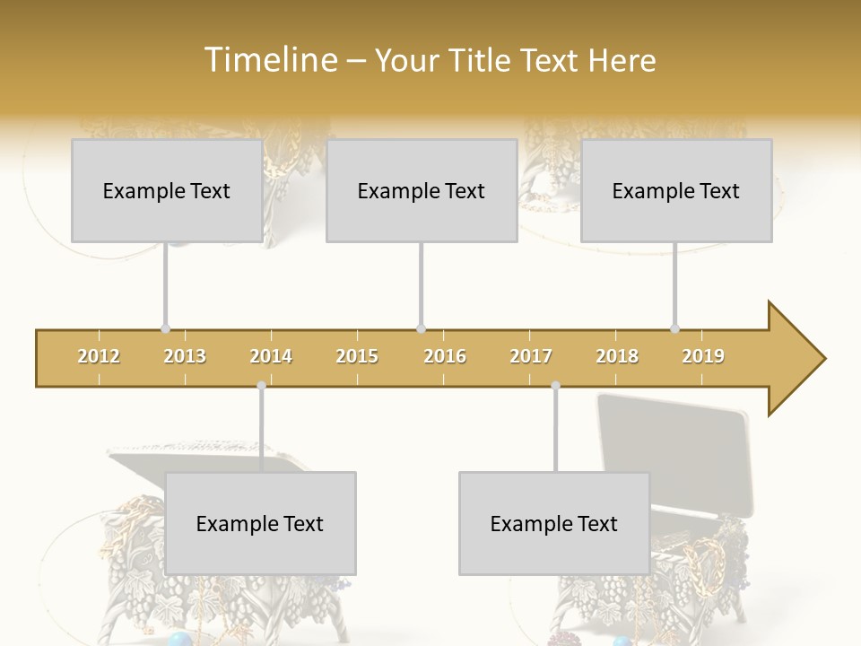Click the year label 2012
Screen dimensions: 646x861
[x=99, y=356]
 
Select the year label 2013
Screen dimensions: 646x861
[x=185, y=356]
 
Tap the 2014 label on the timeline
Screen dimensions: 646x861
[x=271, y=356]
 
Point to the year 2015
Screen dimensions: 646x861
[x=357, y=356]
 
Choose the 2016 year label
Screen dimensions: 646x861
[x=445, y=356]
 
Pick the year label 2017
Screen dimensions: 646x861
[x=531, y=356]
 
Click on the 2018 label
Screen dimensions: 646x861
[x=617, y=356]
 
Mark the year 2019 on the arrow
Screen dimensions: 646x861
[x=703, y=356]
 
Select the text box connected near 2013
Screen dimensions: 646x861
[x=167, y=190]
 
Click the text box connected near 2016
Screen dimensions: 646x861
[x=422, y=190]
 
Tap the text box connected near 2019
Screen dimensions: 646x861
[x=676, y=190]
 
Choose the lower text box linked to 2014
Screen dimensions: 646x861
[x=260, y=523]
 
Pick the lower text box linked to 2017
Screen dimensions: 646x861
[x=554, y=523]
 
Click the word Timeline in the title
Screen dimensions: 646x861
[x=268, y=60]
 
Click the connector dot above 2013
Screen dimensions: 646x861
[x=165, y=329]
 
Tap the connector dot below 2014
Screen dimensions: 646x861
[x=261, y=386]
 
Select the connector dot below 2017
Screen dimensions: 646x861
[x=555, y=386]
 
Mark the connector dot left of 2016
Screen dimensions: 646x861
[x=421, y=329]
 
